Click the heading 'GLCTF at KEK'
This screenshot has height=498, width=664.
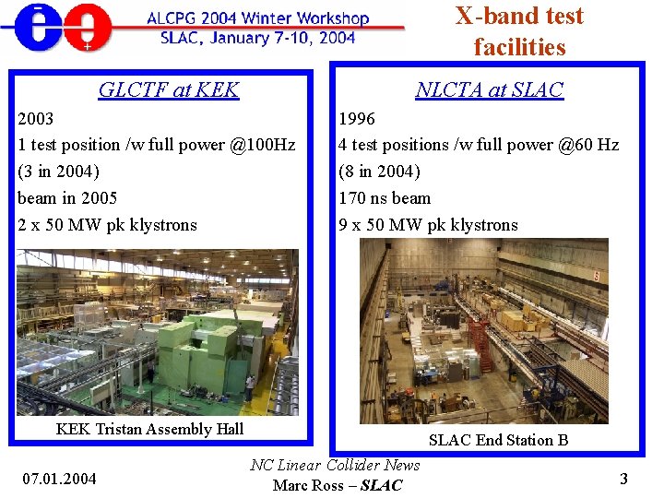pyautogui.click(x=169, y=89)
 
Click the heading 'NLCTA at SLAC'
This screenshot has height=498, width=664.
pyautogui.click(x=489, y=89)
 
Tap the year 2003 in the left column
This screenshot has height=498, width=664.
pyautogui.click(x=36, y=119)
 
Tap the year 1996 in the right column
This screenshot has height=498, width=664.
pyautogui.click(x=357, y=119)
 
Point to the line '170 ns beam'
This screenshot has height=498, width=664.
pyautogui.click(x=385, y=198)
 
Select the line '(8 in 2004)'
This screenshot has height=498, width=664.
pyautogui.click(x=379, y=172)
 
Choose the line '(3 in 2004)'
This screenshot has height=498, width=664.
pyautogui.click(x=58, y=172)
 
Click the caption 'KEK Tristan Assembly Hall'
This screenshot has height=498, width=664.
pyautogui.click(x=149, y=428)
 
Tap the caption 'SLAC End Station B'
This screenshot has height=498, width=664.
pyautogui.click(x=498, y=440)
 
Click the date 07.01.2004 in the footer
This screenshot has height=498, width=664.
pyautogui.click(x=58, y=478)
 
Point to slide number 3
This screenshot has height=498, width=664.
pyautogui.click(x=623, y=479)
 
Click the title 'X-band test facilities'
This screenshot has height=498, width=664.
pyautogui.click(x=519, y=30)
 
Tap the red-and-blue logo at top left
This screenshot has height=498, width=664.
pyautogui.click(x=57, y=28)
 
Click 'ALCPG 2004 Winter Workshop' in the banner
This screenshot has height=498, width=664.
pyautogui.click(x=257, y=18)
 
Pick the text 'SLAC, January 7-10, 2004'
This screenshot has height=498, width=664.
pyautogui.click(x=257, y=38)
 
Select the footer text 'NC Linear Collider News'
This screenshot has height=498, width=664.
pyautogui.click(x=335, y=466)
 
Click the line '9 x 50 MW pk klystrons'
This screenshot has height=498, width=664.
pyautogui.click(x=428, y=225)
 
